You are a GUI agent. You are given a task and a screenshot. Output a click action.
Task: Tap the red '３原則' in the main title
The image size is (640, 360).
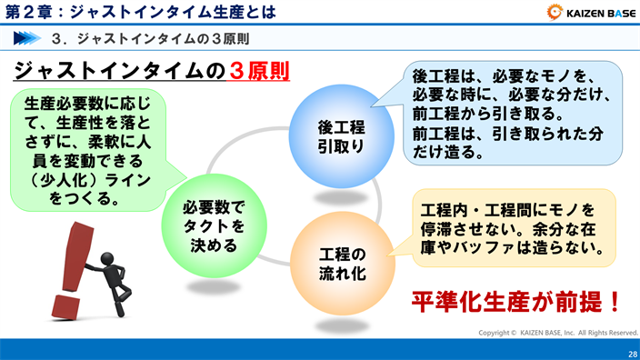[256, 71]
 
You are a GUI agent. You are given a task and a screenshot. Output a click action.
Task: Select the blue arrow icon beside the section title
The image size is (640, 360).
[28, 39]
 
